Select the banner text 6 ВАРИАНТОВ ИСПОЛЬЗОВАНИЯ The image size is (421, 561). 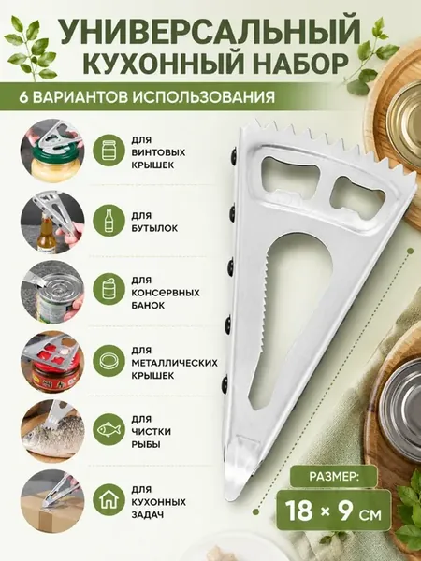[x=147, y=97]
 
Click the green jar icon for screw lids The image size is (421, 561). [x=109, y=151]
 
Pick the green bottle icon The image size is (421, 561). [x=109, y=221]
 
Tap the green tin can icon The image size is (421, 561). [x=109, y=289]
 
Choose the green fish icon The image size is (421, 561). [x=109, y=429]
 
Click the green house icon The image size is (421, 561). [x=109, y=500]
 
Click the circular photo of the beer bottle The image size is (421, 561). [x=52, y=223]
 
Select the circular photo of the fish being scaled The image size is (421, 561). [x=52, y=431]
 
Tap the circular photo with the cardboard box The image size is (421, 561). [x=52, y=501]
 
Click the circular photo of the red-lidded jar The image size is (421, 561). [x=52, y=362]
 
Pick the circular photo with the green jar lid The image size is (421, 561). [x=52, y=151]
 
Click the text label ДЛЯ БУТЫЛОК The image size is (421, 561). [x=154, y=222]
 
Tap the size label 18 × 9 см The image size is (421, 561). [x=334, y=511]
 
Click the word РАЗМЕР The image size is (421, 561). [x=334, y=477]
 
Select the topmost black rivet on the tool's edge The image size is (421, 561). [x=233, y=156]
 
